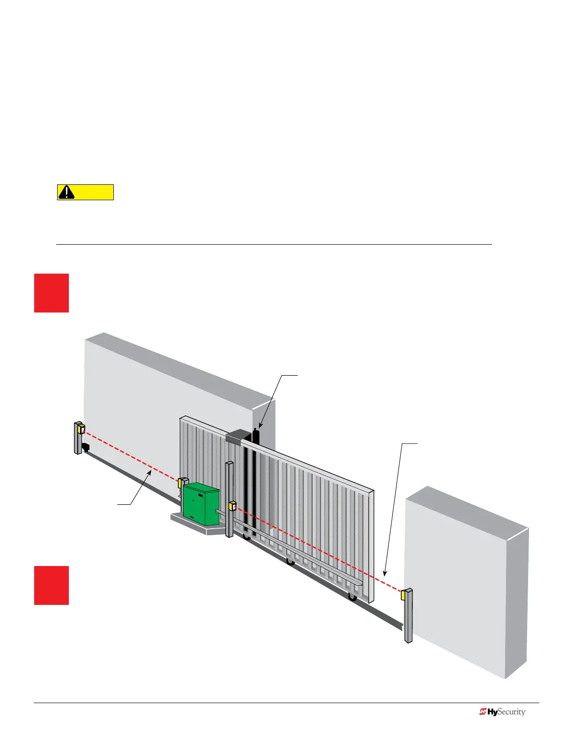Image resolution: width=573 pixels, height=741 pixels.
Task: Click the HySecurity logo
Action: (x=503, y=712)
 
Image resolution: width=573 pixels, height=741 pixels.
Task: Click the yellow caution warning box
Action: (x=85, y=192)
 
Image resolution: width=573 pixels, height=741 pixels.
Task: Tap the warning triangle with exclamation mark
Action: (x=67, y=192)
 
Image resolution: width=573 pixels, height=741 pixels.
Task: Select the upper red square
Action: (x=51, y=293)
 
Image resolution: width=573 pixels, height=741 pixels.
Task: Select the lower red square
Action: (x=51, y=585)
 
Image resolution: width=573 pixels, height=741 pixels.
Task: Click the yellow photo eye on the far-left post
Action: (x=81, y=429)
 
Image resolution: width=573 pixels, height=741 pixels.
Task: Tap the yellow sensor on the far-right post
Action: (x=403, y=595)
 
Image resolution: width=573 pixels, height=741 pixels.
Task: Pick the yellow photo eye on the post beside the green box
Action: (x=232, y=506)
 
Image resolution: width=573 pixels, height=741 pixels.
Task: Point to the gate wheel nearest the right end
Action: (x=352, y=596)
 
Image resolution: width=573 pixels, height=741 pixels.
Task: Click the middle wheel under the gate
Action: (x=290, y=562)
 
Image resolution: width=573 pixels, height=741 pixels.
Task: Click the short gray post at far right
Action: (x=408, y=616)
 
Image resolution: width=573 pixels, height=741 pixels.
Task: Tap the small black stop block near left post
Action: (x=85, y=447)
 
